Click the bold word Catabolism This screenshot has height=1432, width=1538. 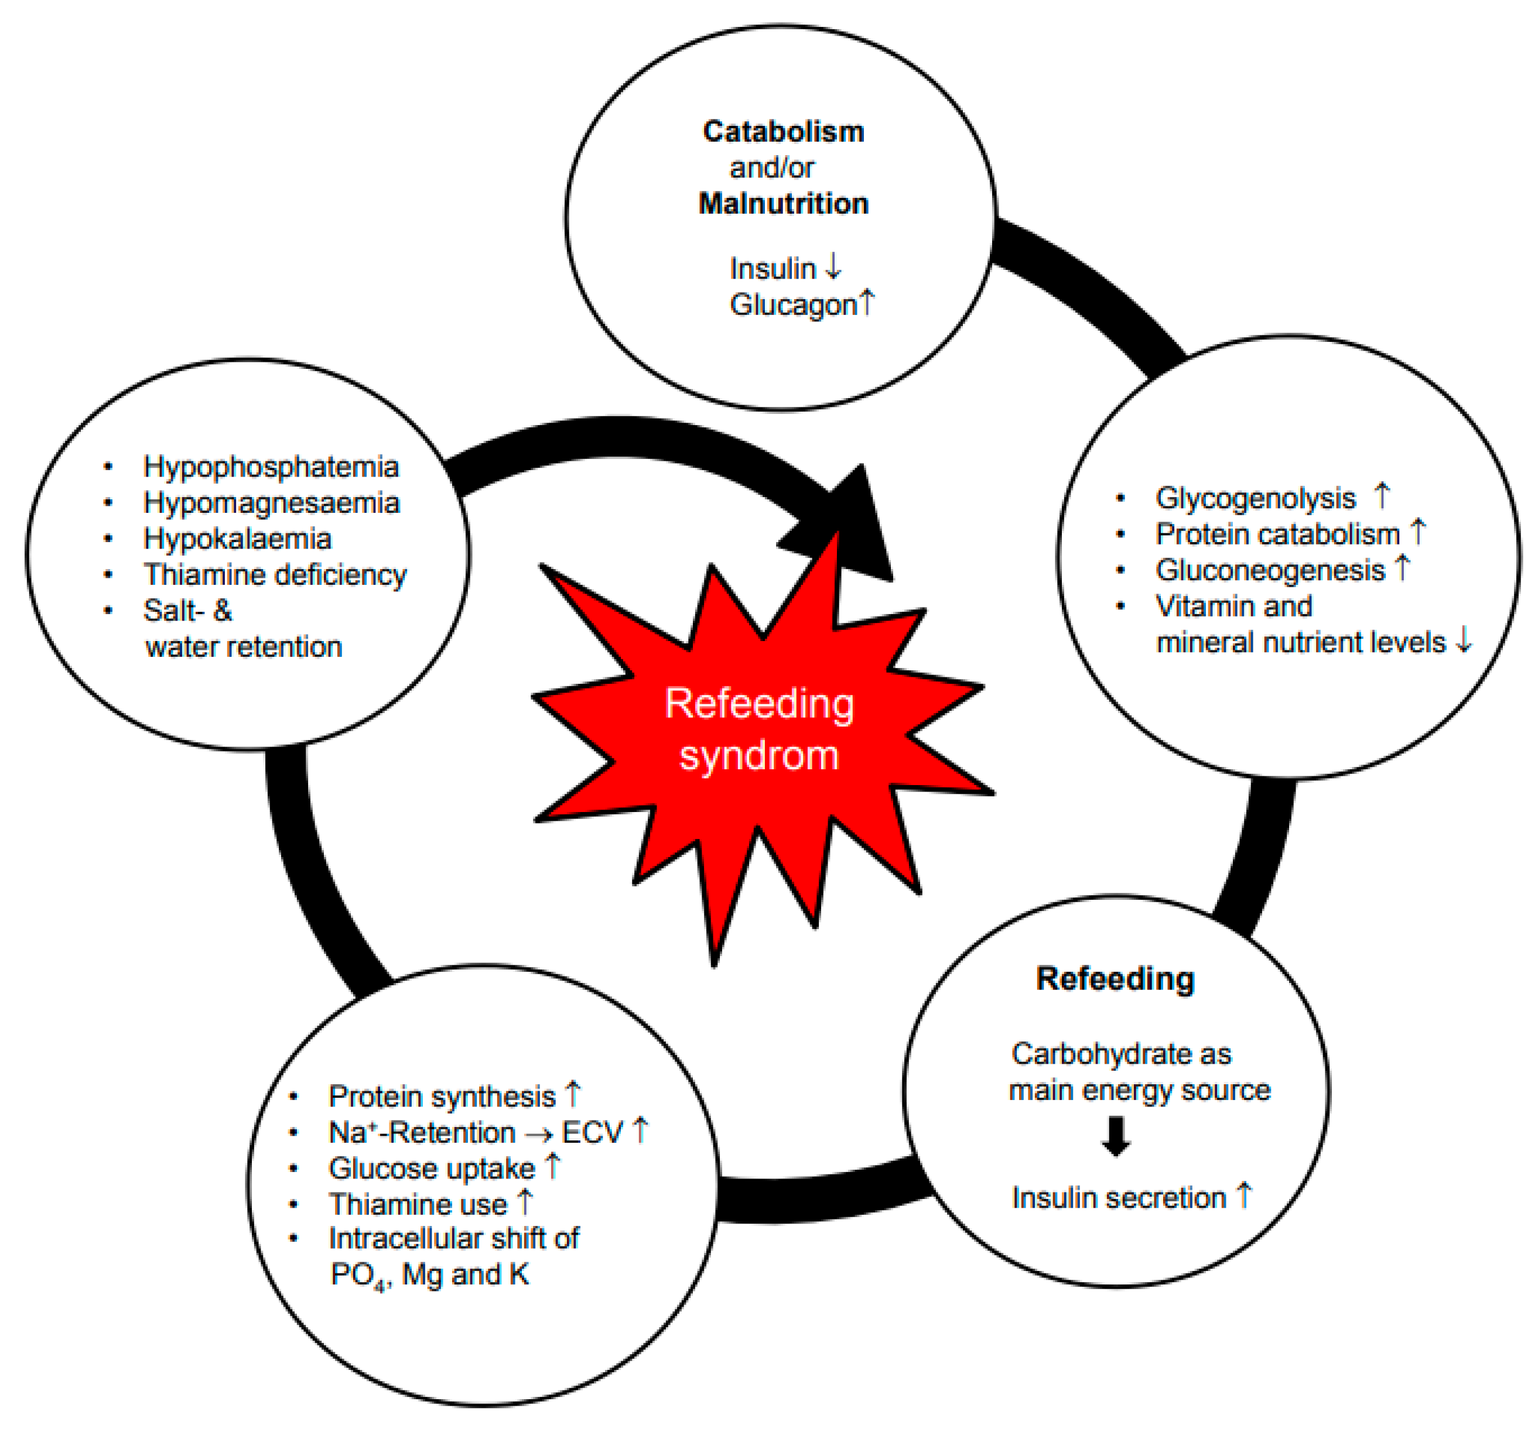pos(783,132)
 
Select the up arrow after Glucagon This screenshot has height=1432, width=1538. pos(867,302)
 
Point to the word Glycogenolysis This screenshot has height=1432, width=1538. pos(1255,499)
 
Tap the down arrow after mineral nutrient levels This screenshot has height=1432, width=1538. pos(1463,641)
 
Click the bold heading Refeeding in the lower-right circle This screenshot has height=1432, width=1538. pos(1115,979)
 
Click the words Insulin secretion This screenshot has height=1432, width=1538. pos(1119,1198)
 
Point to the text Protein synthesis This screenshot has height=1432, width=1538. pos(442,1097)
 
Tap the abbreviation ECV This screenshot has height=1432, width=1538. pos(592,1133)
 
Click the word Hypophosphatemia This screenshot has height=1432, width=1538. pos(271,467)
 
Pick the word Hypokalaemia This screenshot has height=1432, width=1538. pos(238,539)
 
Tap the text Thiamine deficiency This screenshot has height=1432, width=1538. pos(275,574)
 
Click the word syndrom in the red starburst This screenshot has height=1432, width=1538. pos(759,755)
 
